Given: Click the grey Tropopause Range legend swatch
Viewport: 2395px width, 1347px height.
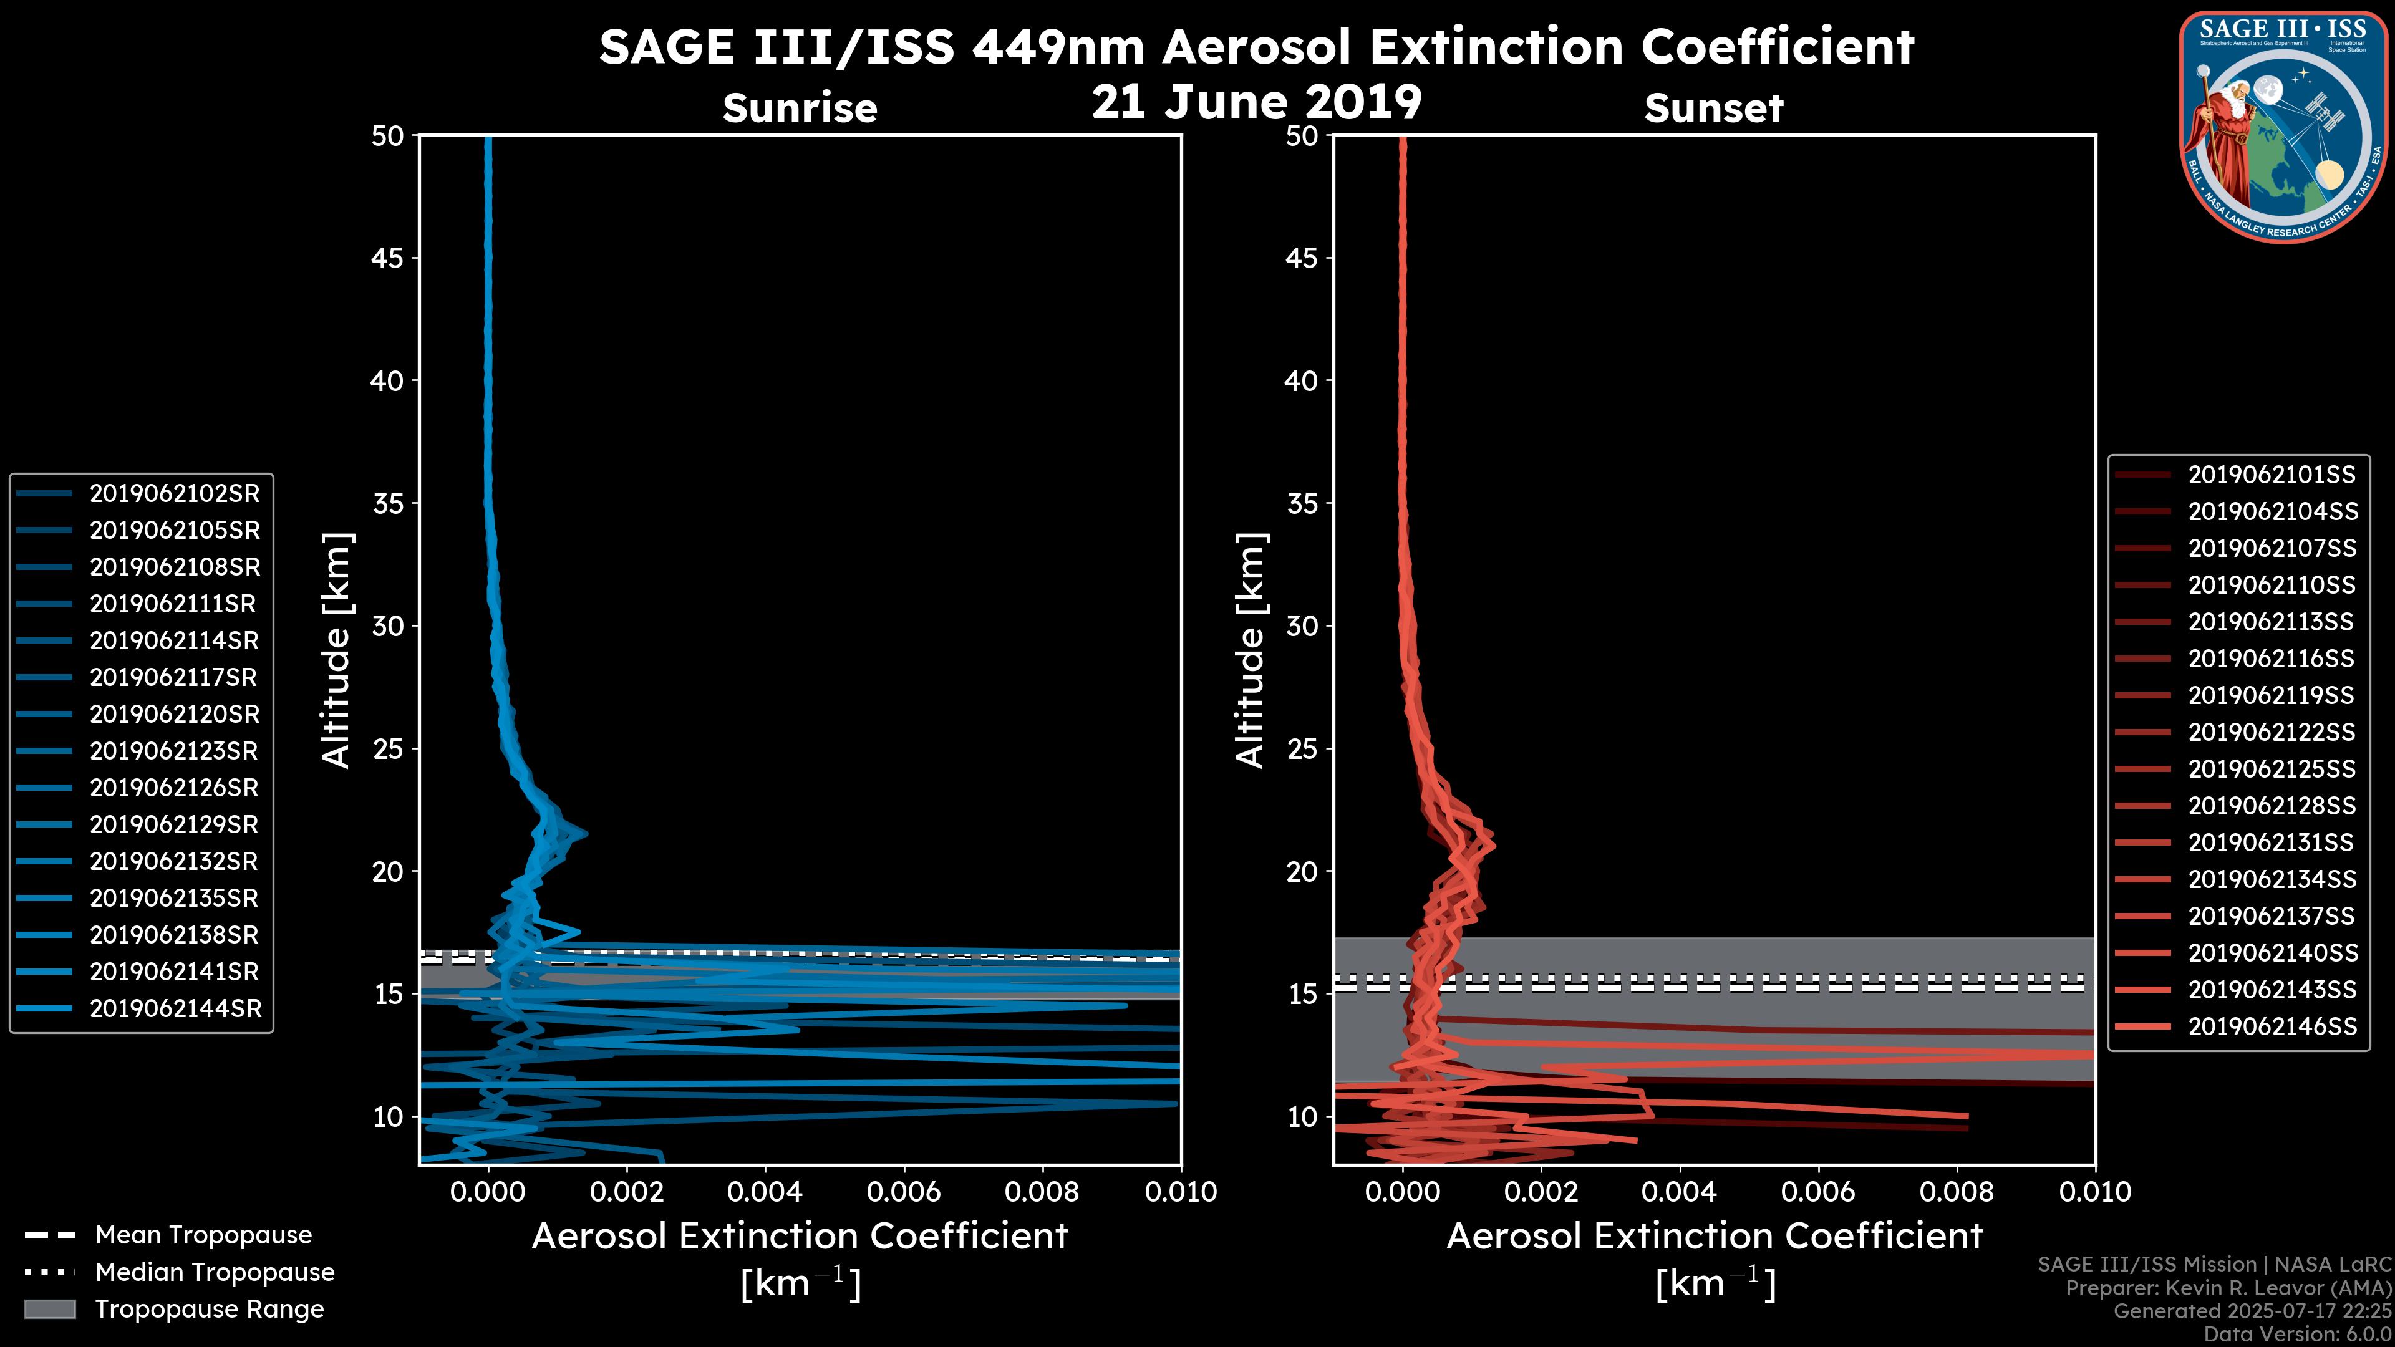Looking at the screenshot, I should (x=49, y=1309).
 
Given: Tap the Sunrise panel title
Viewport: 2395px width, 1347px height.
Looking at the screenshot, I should (x=800, y=109).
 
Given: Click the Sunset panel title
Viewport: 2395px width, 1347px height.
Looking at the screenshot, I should (x=1713, y=109).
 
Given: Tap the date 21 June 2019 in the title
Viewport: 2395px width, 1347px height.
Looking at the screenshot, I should (x=1256, y=102).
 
